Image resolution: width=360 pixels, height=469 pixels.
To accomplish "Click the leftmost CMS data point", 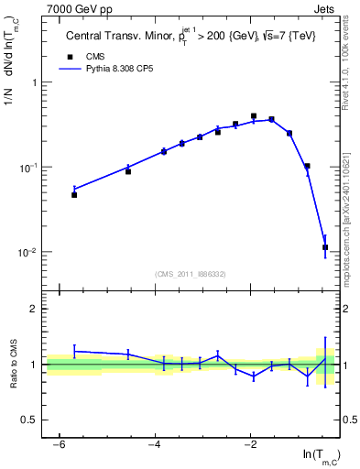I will [74, 195].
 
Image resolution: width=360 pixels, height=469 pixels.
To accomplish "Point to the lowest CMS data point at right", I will [325, 247].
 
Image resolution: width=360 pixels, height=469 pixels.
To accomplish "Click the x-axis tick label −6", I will [58, 444].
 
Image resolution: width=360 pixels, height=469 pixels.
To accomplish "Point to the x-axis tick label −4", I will [154, 444].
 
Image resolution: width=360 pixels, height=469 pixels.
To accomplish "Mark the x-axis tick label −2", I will [250, 444].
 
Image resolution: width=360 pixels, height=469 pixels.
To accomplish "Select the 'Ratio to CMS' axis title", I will [12, 365].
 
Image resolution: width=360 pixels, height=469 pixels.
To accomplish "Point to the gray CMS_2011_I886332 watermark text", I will [191, 274].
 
